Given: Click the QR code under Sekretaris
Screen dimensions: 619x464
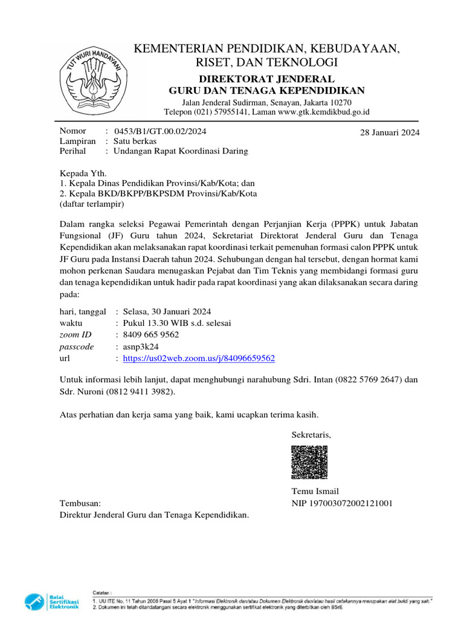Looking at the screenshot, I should [310, 462].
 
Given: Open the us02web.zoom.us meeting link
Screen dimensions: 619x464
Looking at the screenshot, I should [199, 358].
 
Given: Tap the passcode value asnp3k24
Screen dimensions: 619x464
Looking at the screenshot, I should [140, 347].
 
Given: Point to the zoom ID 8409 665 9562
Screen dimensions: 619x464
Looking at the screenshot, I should [150, 335].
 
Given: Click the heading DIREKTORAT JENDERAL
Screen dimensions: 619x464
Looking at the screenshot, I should [266, 79].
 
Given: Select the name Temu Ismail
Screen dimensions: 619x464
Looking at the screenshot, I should [315, 491].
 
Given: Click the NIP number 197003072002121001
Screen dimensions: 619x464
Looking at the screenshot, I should [342, 503].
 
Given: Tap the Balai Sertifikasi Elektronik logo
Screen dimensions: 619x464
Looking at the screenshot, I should [52, 602].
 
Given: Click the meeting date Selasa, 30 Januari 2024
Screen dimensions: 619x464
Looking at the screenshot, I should [167, 311].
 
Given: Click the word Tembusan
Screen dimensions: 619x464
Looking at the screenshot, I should [80, 503].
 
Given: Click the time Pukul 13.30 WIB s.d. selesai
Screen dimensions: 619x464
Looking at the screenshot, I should [176, 323].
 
